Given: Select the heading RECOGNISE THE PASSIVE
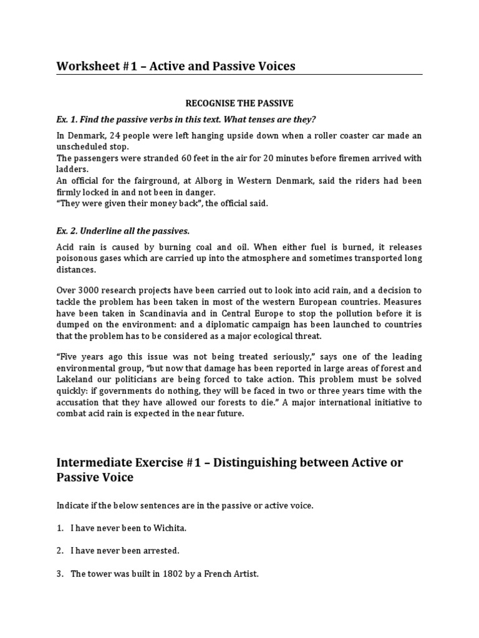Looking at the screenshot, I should click(x=239, y=103).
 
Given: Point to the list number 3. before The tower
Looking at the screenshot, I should click(x=60, y=574).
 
